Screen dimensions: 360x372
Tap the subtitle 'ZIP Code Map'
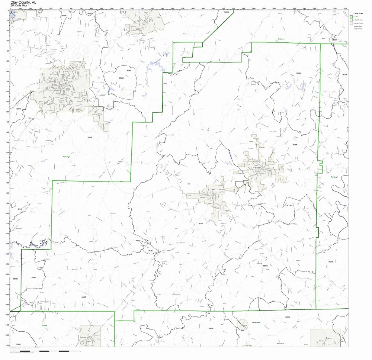19,6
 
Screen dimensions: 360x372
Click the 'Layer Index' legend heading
358,13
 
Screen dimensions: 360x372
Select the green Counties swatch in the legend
351,17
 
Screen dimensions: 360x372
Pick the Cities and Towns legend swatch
351,23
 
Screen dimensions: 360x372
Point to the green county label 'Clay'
188,183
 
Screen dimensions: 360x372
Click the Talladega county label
66,157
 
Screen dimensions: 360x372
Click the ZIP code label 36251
201,224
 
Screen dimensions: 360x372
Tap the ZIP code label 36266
295,145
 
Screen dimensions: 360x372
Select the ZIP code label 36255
265,266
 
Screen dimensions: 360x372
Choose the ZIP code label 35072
84,297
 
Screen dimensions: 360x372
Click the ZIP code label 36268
129,70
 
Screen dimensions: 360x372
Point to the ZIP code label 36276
330,261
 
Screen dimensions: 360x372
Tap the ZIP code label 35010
211,328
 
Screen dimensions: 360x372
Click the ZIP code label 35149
20,209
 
